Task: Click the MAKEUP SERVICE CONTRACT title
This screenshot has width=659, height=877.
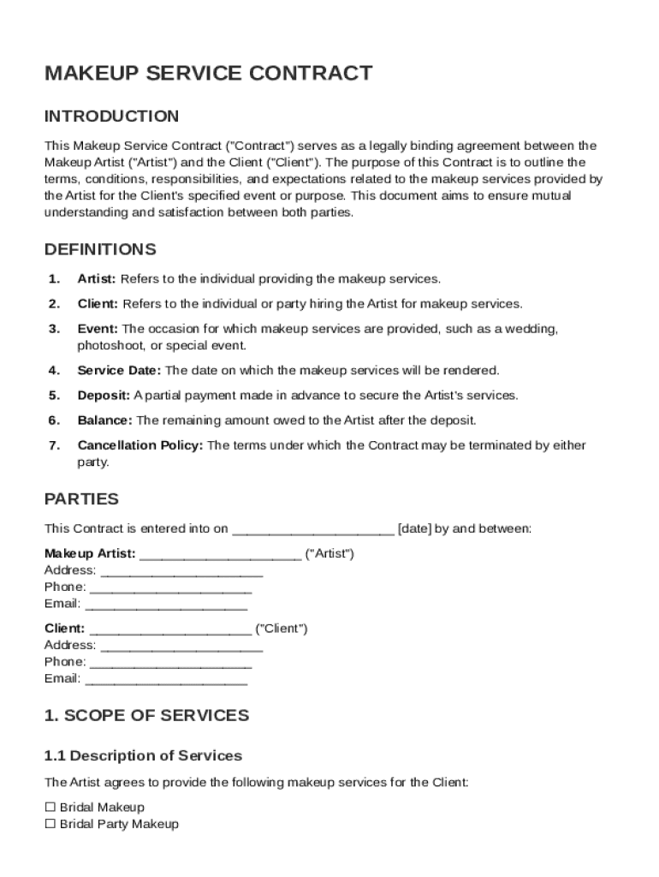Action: (x=208, y=73)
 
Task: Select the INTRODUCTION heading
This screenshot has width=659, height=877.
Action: (x=111, y=116)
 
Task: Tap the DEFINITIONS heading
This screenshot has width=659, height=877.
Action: (x=100, y=249)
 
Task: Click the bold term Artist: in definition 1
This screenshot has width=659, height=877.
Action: (x=97, y=279)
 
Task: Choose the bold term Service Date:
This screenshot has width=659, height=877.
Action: (x=119, y=371)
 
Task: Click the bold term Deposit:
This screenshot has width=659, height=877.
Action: (x=104, y=396)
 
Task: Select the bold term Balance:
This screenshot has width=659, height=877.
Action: (x=104, y=421)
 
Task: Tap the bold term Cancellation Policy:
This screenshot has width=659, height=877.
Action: (x=140, y=445)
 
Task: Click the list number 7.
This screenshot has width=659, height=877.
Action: (x=54, y=445)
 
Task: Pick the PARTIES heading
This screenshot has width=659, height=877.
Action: (x=81, y=498)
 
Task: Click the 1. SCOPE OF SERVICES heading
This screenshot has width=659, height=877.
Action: (x=146, y=715)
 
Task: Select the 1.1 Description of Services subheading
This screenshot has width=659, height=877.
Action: (x=143, y=755)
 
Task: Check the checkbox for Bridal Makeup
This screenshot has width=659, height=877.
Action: (x=50, y=807)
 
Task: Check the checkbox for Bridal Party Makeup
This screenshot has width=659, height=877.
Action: (x=50, y=824)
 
